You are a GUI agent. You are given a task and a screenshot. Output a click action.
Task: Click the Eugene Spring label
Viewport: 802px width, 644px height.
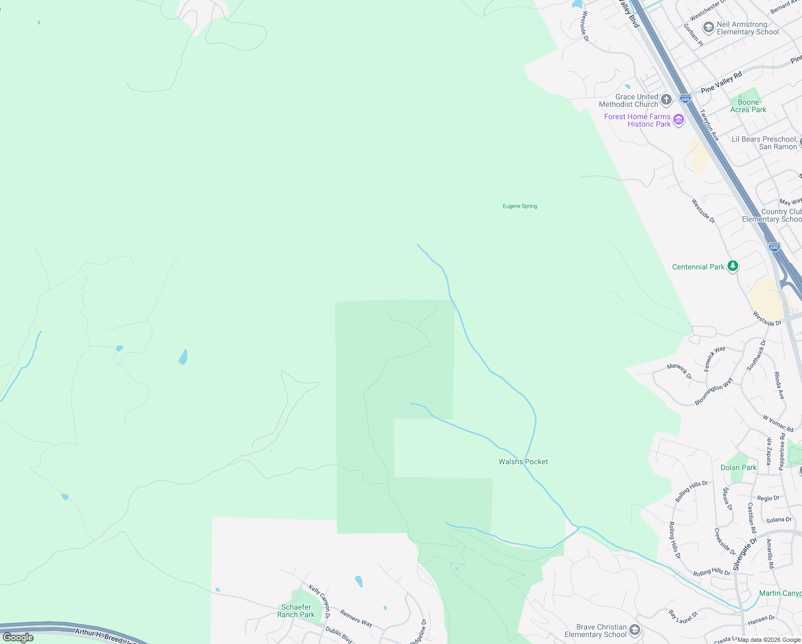pyautogui.click(x=519, y=206)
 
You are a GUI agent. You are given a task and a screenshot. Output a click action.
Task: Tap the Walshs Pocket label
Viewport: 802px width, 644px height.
pyautogui.click(x=523, y=462)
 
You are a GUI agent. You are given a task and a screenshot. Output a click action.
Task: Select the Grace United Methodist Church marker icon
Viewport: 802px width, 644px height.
pyautogui.click(x=666, y=99)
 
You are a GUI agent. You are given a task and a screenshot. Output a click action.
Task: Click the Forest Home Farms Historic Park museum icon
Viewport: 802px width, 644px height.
pyautogui.click(x=679, y=120)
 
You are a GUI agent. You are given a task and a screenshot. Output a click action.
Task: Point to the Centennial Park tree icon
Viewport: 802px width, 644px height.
pyautogui.click(x=732, y=266)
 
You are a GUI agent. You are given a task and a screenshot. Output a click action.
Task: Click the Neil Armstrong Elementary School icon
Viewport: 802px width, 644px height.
pyautogui.click(x=708, y=27)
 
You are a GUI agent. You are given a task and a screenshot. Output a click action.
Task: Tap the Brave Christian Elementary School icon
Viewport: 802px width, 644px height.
pyautogui.click(x=635, y=630)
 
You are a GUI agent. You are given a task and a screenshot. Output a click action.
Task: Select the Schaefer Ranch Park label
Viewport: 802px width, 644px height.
pyautogui.click(x=296, y=611)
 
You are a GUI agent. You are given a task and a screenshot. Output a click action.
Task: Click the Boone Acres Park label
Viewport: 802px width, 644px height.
pyautogui.click(x=748, y=106)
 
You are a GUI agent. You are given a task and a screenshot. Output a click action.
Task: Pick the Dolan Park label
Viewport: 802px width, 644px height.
pyautogui.click(x=738, y=467)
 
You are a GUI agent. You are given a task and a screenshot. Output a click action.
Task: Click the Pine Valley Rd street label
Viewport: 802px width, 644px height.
pyautogui.click(x=721, y=82)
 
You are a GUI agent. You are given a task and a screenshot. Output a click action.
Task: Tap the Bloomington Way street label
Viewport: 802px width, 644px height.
pyautogui.click(x=714, y=392)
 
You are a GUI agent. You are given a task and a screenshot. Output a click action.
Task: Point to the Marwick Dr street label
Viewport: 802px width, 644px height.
pyautogui.click(x=679, y=371)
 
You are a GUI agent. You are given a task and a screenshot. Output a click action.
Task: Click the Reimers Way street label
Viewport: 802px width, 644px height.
pyautogui.click(x=356, y=618)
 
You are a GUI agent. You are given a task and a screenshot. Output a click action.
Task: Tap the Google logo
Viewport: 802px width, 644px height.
pyautogui.click(x=18, y=638)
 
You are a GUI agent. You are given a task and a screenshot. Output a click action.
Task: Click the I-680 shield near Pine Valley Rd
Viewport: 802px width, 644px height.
pyautogui.click(x=685, y=99)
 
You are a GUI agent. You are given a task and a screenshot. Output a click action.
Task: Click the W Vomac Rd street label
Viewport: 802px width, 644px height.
pyautogui.click(x=778, y=423)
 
